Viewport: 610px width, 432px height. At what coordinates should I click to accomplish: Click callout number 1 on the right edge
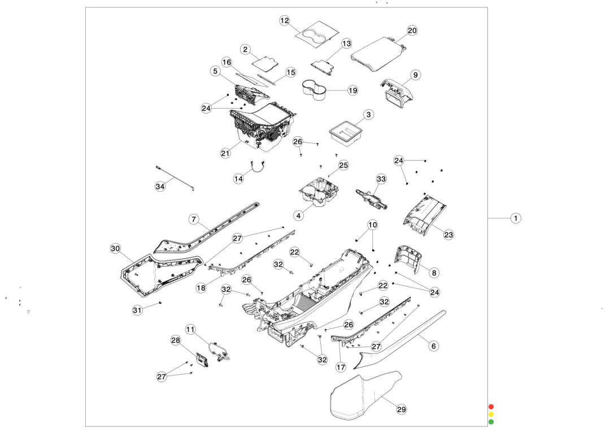pyautogui.click(x=516, y=218)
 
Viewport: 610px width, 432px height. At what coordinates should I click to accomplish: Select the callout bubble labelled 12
pyautogui.click(x=285, y=20)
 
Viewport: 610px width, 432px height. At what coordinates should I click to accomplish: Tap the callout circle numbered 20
pyautogui.click(x=412, y=31)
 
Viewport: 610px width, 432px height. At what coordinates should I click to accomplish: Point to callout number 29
pyautogui.click(x=402, y=409)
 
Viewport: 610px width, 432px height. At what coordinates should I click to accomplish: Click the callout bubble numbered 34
pyautogui.click(x=160, y=186)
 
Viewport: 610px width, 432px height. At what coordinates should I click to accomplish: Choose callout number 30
pyautogui.click(x=115, y=248)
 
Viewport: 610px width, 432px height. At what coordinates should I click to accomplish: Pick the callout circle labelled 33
pyautogui.click(x=381, y=179)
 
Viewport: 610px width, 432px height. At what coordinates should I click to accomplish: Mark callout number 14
pyautogui.click(x=239, y=178)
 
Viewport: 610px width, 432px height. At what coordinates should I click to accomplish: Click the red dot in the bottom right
pyautogui.click(x=491, y=407)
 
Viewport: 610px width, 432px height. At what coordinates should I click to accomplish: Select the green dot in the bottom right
pyautogui.click(x=491, y=422)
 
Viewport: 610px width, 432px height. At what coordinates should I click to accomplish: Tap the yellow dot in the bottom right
pyautogui.click(x=491, y=414)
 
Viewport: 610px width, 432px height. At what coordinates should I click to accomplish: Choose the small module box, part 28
pyautogui.click(x=202, y=359)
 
